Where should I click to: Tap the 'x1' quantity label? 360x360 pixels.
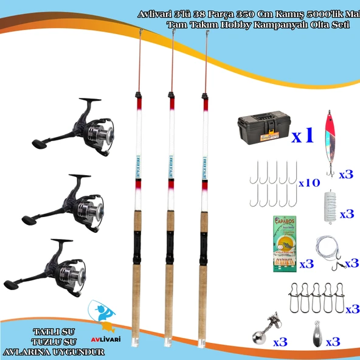[302, 136]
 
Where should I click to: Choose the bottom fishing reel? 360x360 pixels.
[48, 265]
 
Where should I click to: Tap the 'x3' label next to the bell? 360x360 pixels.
[280, 342]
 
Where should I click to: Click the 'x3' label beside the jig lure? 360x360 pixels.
[345, 174]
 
